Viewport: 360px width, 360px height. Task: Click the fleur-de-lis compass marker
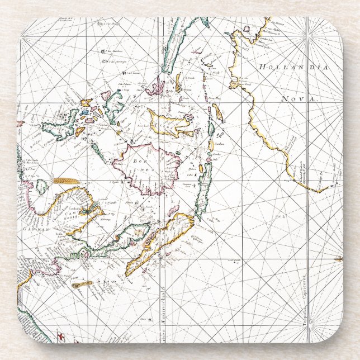point(338,258)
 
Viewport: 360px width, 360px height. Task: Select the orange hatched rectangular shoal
point(65,181)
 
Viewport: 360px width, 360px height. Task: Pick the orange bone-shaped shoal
point(82,284)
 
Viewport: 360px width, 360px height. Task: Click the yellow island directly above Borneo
point(168,123)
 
